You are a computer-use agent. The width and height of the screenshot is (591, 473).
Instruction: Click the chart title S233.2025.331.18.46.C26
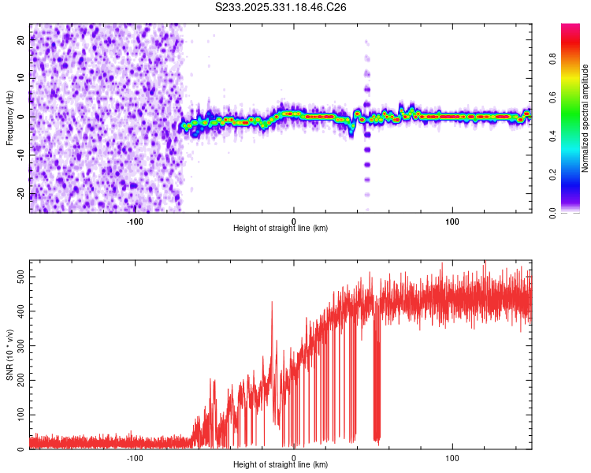pyautogui.click(x=281, y=7)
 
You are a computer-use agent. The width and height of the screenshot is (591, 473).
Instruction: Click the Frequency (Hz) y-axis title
pyautogui.click(x=9, y=118)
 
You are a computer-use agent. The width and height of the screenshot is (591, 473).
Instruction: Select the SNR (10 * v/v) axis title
pyautogui.click(x=9, y=355)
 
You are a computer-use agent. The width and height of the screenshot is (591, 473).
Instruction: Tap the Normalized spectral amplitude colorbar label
pyautogui.click(x=585, y=118)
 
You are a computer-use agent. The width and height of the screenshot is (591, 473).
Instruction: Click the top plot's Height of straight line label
pyautogui.click(x=281, y=228)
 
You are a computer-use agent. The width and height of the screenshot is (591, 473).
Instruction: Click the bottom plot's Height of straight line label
pyautogui.click(x=281, y=464)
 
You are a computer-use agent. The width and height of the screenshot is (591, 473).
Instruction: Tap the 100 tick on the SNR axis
pyautogui.click(x=19, y=415)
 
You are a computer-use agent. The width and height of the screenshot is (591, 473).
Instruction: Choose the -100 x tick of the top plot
pyautogui.click(x=134, y=221)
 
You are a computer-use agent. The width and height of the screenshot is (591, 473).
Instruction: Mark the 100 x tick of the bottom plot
pyautogui.click(x=452, y=457)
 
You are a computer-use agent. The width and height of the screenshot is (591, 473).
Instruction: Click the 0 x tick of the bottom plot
pyautogui.click(x=294, y=457)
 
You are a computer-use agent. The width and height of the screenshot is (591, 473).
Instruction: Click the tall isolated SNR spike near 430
pyautogui.click(x=272, y=303)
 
